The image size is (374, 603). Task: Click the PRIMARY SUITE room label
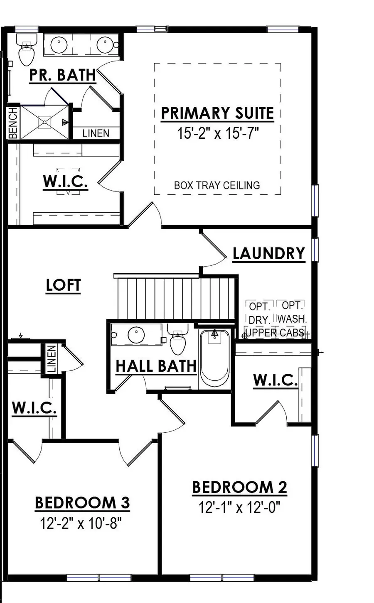tap(217, 113)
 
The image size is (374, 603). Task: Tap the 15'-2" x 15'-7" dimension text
tap(218, 133)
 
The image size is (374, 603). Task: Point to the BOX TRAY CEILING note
tap(217, 185)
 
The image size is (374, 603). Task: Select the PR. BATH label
tap(62, 75)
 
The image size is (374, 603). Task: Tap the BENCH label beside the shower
tap(13, 123)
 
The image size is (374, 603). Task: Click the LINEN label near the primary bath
tap(96, 133)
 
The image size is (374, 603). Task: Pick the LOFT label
tap(63, 285)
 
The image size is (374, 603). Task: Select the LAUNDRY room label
tap(268, 253)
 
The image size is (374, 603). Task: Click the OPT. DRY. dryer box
tap(259, 314)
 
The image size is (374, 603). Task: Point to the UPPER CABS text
tap(274, 333)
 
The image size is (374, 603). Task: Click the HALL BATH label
tap(156, 366)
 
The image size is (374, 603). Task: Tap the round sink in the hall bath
tap(136, 335)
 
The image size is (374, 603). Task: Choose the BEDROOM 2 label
tap(239, 487)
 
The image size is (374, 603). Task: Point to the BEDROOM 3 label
tap(82, 502)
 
